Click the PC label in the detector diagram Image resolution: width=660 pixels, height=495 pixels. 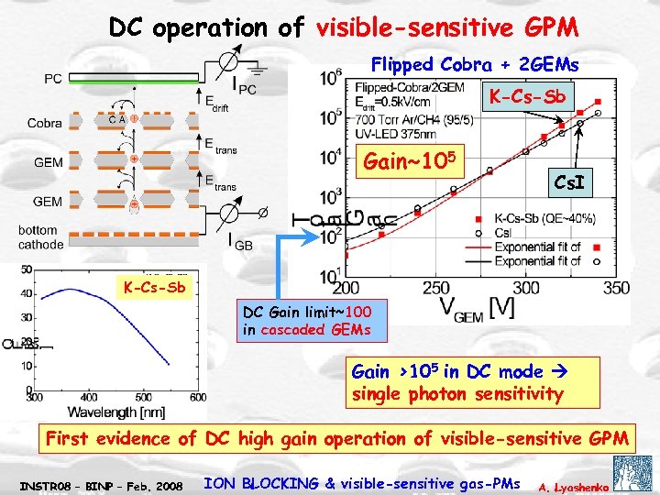point(53,80)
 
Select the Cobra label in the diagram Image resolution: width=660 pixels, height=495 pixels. point(45,123)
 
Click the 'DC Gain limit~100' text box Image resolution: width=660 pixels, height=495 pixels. point(303,319)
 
